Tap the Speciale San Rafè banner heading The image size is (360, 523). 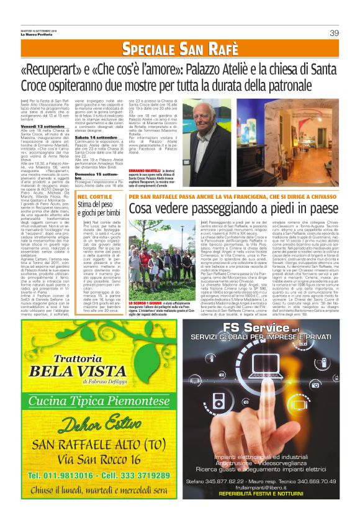(179, 48)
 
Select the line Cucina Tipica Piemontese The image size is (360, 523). (90, 400)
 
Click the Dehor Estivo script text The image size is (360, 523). (90, 425)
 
